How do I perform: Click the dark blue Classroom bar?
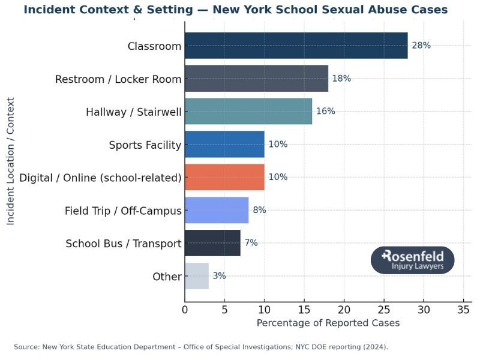pyautogui.click(x=296, y=46)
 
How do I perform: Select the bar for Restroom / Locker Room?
pyautogui.click(x=256, y=79)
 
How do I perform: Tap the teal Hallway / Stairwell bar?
pyautogui.click(x=248, y=112)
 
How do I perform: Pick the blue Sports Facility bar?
pyautogui.click(x=224, y=145)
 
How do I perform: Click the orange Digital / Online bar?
pyautogui.click(x=224, y=177)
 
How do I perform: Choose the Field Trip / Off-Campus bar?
pyautogui.click(x=217, y=210)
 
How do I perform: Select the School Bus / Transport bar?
pyautogui.click(x=212, y=243)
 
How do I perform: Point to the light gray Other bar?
pyautogui.click(x=197, y=276)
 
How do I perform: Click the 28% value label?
pyautogui.click(x=421, y=46)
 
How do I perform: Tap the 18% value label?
pyautogui.click(x=341, y=79)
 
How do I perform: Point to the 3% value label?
pyautogui.click(x=219, y=276)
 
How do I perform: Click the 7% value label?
pyautogui.click(x=251, y=243)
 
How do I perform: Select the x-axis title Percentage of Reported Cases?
pyautogui.click(x=328, y=323)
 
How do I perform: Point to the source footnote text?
pyautogui.click(x=201, y=347)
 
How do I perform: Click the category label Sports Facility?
pyautogui.click(x=145, y=145)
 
